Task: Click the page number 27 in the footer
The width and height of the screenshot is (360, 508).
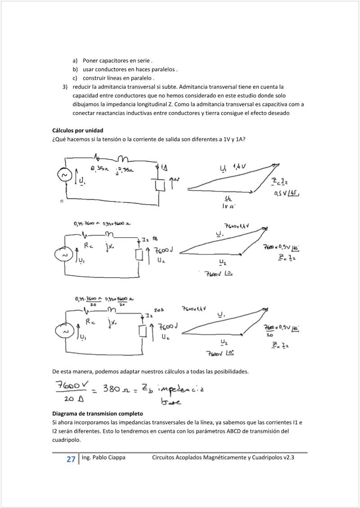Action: [71, 459]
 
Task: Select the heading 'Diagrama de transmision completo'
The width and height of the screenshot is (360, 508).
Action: [98, 413]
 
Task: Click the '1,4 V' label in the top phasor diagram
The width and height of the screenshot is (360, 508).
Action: [239, 167]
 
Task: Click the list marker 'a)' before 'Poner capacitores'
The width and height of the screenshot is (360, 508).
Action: [75, 61]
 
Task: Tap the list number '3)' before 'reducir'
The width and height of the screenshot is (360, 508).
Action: [65, 87]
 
